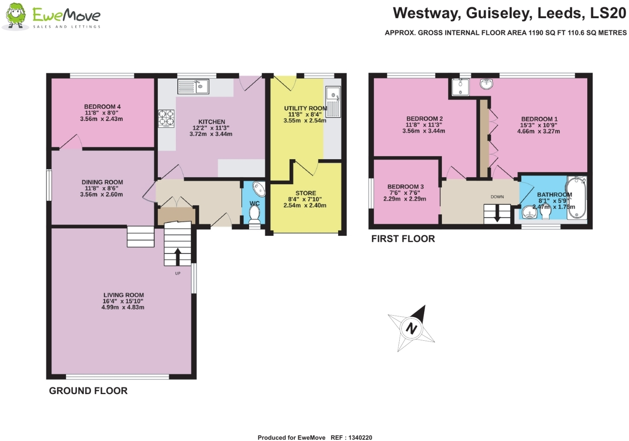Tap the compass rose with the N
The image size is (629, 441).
[x=411, y=328]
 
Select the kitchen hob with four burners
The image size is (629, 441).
[x=166, y=118]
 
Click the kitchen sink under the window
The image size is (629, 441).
[x=193, y=86]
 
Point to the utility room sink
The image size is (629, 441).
[x=333, y=102]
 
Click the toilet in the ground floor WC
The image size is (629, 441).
[x=255, y=214]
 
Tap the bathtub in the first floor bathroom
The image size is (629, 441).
[x=576, y=198]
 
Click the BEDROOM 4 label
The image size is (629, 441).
[x=102, y=107]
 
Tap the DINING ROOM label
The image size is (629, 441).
[x=102, y=182]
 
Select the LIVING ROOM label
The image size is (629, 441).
[x=123, y=295]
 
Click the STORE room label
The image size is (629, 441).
[x=305, y=193]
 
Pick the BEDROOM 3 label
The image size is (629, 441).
[x=405, y=187]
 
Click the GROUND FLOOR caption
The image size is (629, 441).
[x=88, y=391]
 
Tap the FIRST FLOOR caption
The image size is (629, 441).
[x=403, y=239]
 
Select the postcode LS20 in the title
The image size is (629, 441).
[x=608, y=13]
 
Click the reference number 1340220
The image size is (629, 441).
[x=360, y=438]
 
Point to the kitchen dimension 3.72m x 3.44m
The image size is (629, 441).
[x=211, y=134]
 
